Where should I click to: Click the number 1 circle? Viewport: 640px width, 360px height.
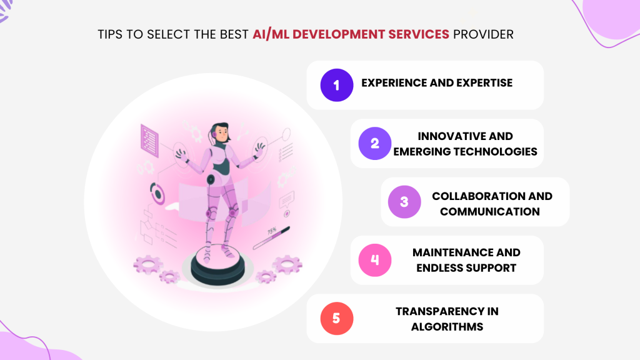click(337, 85)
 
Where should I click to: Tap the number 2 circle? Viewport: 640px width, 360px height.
click(374, 143)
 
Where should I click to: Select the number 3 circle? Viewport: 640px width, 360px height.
click(404, 202)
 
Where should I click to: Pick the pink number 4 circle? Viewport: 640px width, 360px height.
click(374, 260)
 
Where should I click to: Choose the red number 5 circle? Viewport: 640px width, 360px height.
click(337, 318)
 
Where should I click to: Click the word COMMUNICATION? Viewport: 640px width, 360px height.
click(489, 211)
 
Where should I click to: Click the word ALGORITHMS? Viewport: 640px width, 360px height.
click(447, 326)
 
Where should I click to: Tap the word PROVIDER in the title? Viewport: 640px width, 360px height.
click(483, 34)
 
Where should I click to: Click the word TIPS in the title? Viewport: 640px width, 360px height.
click(111, 34)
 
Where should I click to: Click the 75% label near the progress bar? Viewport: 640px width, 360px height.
click(272, 231)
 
